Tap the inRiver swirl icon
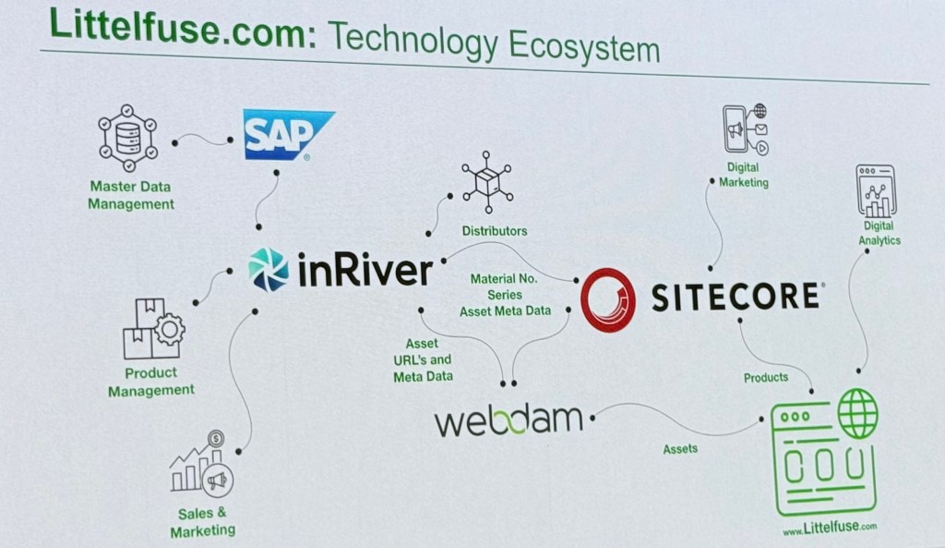coord(269,269)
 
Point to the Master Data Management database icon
coord(127,138)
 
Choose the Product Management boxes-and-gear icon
coord(152,329)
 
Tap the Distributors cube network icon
coord(487,179)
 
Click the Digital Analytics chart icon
coord(876,190)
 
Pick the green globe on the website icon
coord(857,413)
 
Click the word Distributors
coord(495,230)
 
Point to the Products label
coord(766,377)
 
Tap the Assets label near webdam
coord(680,449)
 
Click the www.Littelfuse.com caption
coord(829,528)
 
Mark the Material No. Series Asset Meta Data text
coord(505,294)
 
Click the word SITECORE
coord(736,297)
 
